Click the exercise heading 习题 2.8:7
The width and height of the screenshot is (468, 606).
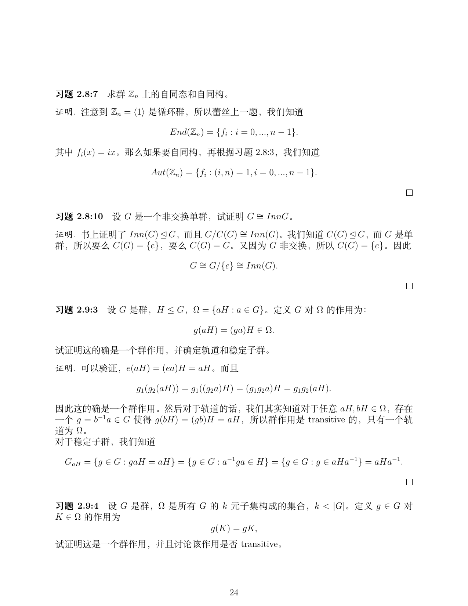click(76, 94)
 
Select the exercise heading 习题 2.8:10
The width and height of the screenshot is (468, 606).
click(79, 216)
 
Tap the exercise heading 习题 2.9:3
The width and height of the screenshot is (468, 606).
click(76, 310)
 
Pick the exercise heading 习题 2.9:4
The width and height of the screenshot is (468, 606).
click(76, 506)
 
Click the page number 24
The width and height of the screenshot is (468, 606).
click(234, 592)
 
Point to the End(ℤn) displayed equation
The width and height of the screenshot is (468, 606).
click(234, 132)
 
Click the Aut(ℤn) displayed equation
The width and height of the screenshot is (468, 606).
click(234, 172)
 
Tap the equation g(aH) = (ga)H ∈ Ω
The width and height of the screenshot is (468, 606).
click(234, 330)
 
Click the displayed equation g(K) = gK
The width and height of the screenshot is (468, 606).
click(234, 529)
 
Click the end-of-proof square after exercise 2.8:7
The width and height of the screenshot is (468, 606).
click(409, 192)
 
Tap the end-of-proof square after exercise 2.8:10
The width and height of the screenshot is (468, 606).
click(409, 286)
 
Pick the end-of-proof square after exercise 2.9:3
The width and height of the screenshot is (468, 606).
click(409, 482)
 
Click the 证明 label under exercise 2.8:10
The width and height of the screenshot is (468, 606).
click(65, 234)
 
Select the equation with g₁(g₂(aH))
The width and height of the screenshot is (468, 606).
click(234, 388)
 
